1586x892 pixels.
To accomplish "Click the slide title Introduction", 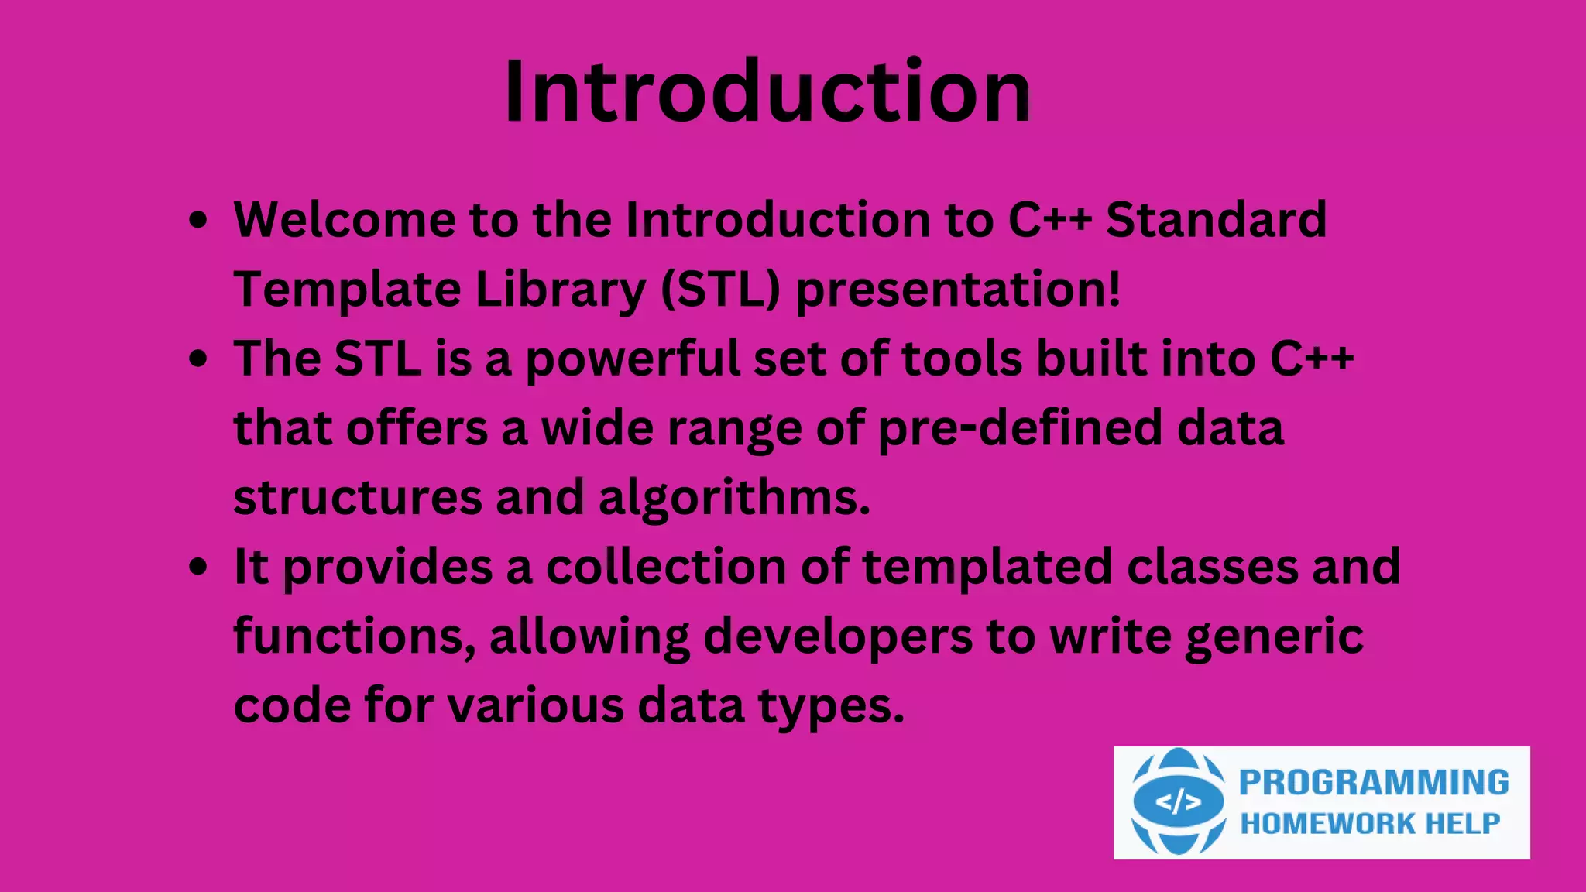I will tap(767, 91).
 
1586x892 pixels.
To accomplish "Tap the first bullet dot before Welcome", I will tap(198, 220).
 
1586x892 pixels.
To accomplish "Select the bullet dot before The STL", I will tap(198, 359).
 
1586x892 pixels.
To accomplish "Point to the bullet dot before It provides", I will tap(198, 567).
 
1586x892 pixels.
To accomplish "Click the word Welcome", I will tap(345, 220).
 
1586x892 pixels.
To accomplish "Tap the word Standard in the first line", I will tap(1216, 220).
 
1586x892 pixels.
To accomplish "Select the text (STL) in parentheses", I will tap(720, 290).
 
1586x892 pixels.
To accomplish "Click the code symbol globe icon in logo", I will tap(1178, 802).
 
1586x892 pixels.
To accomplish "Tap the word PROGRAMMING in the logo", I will tap(1374, 783).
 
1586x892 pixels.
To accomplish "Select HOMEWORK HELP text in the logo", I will tap(1370, 824).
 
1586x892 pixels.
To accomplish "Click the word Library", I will tap(560, 290).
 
